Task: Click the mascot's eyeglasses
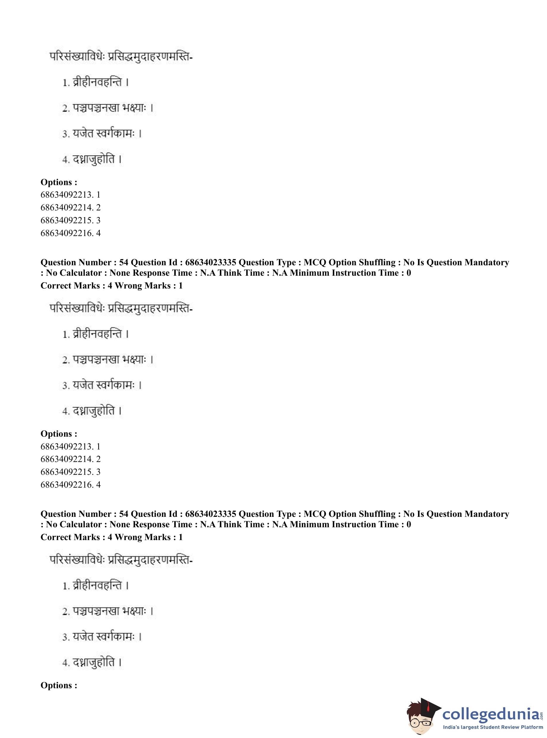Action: coord(421,721)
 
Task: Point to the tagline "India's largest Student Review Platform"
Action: coord(493,727)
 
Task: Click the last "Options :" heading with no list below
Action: coord(59,685)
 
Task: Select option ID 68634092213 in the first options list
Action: coord(70,194)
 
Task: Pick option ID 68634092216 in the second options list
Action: coord(70,485)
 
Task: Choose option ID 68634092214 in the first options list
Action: coord(70,207)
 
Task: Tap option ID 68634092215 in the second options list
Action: coord(70,472)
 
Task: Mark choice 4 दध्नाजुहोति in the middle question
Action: coord(93,411)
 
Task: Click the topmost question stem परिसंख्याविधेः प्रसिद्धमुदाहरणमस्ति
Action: coord(121,57)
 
